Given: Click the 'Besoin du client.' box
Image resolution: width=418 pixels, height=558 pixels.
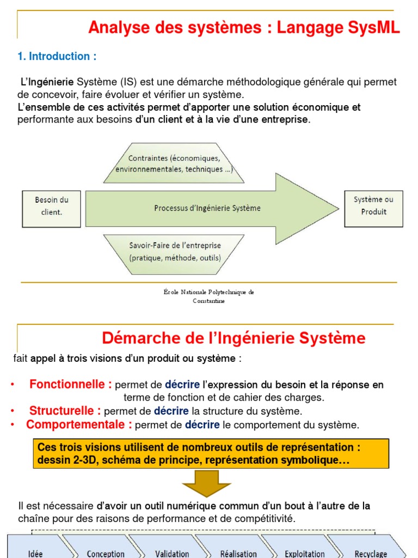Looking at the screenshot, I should (x=52, y=206).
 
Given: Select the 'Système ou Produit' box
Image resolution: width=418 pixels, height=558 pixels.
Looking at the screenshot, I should (x=373, y=206).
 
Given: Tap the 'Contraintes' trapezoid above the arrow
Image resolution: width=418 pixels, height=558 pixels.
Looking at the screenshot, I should (x=174, y=163).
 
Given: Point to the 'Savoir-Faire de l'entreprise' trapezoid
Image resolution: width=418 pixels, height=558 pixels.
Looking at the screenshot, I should (x=175, y=251).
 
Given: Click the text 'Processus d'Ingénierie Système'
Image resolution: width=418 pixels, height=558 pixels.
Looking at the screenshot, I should (x=207, y=208).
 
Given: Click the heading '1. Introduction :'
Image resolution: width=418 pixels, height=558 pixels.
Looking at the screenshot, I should (x=57, y=57).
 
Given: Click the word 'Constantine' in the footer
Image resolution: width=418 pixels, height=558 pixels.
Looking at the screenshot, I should (x=208, y=301).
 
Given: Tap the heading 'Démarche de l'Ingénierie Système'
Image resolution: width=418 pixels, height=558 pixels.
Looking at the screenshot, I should (x=233, y=338).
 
